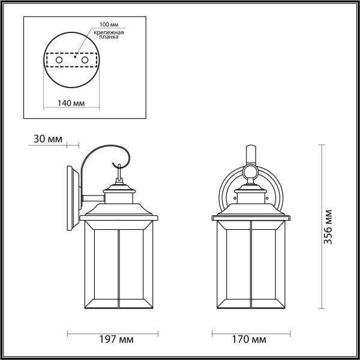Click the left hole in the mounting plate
(58, 61)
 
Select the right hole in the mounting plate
(85, 61)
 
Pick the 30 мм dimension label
(46, 140)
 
